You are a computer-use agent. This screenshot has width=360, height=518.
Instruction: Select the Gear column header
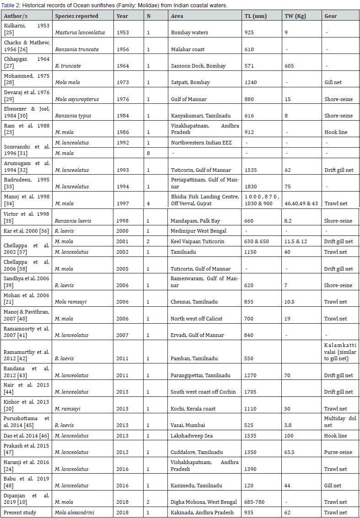click(x=331, y=16)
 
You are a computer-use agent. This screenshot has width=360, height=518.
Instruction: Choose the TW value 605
click(x=289, y=66)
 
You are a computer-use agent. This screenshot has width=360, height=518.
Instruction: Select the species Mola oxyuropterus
click(x=75, y=99)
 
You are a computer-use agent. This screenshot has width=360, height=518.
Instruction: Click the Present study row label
click(x=21, y=513)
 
